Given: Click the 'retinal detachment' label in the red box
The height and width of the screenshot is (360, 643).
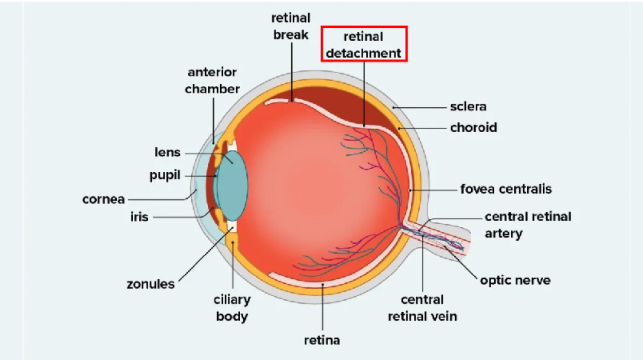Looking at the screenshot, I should (x=364, y=44).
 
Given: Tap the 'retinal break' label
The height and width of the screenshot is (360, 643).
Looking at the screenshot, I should (x=291, y=27).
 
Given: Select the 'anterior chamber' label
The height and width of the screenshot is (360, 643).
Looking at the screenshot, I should (x=212, y=81).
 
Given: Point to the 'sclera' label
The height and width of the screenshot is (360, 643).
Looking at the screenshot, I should (x=468, y=107).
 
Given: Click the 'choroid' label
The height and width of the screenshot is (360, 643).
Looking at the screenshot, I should (x=473, y=127).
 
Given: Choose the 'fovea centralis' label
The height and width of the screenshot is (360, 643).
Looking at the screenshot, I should (x=506, y=189).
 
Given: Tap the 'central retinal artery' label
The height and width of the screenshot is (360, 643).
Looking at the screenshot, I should (x=528, y=225).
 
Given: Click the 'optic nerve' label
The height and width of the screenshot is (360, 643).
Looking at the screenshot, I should (x=515, y=280).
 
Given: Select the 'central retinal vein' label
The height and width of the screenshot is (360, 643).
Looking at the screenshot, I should (x=422, y=308).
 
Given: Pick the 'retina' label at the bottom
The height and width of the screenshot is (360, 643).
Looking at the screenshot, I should (x=322, y=340).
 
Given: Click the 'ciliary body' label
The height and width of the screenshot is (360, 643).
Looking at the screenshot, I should (x=233, y=308).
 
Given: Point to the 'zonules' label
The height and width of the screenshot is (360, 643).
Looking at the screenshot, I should (x=151, y=284).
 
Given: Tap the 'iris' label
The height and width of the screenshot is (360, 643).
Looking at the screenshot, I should (x=139, y=217).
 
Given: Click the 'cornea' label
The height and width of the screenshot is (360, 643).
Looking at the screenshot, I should (x=103, y=199).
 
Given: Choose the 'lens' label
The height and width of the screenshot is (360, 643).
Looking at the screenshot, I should (x=168, y=152).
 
